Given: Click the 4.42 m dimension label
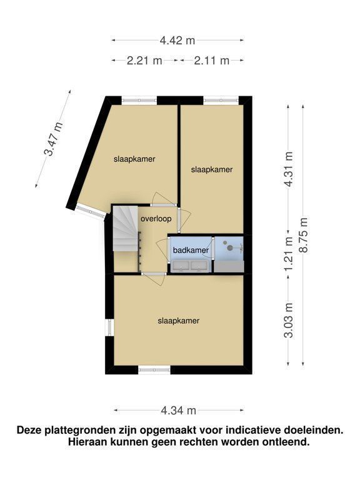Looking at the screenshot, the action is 177,40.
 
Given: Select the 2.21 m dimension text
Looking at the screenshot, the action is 144,61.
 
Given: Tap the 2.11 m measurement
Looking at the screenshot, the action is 212,61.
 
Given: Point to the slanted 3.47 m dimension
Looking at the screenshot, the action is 53,139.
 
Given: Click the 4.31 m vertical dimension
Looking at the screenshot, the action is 288,169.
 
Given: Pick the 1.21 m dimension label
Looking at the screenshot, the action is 288,254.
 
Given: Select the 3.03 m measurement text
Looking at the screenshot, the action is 288,320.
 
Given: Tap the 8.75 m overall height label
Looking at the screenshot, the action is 303,235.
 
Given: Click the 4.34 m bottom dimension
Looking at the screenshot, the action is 179,411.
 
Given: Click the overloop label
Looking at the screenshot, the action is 156,219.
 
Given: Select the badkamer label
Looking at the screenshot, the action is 191,250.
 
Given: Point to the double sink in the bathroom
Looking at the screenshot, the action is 191,266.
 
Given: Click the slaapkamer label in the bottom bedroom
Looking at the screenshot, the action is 179,321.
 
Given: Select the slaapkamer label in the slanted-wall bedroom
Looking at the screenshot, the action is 134,159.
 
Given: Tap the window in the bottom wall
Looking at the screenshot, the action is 154,370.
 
